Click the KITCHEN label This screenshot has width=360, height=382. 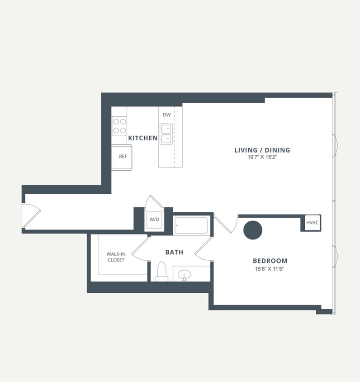point(142,138)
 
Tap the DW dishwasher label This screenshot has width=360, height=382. point(167,115)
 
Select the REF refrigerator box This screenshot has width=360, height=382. point(122,157)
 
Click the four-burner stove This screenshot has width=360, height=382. point(119,125)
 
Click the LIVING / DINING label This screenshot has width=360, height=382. point(262,150)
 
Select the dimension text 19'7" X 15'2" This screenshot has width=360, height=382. point(262,158)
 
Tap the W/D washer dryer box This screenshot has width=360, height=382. point(154,220)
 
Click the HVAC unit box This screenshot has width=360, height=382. point(312,223)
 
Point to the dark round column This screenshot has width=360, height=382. point(253,230)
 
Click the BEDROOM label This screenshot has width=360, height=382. point(270,261)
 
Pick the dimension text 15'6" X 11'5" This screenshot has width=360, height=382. point(270,269)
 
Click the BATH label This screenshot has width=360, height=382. point(174,252)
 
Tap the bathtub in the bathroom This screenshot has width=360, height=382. point(191,225)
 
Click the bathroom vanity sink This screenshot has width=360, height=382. point(184,274)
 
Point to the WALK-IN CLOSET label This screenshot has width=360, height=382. point(116,257)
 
